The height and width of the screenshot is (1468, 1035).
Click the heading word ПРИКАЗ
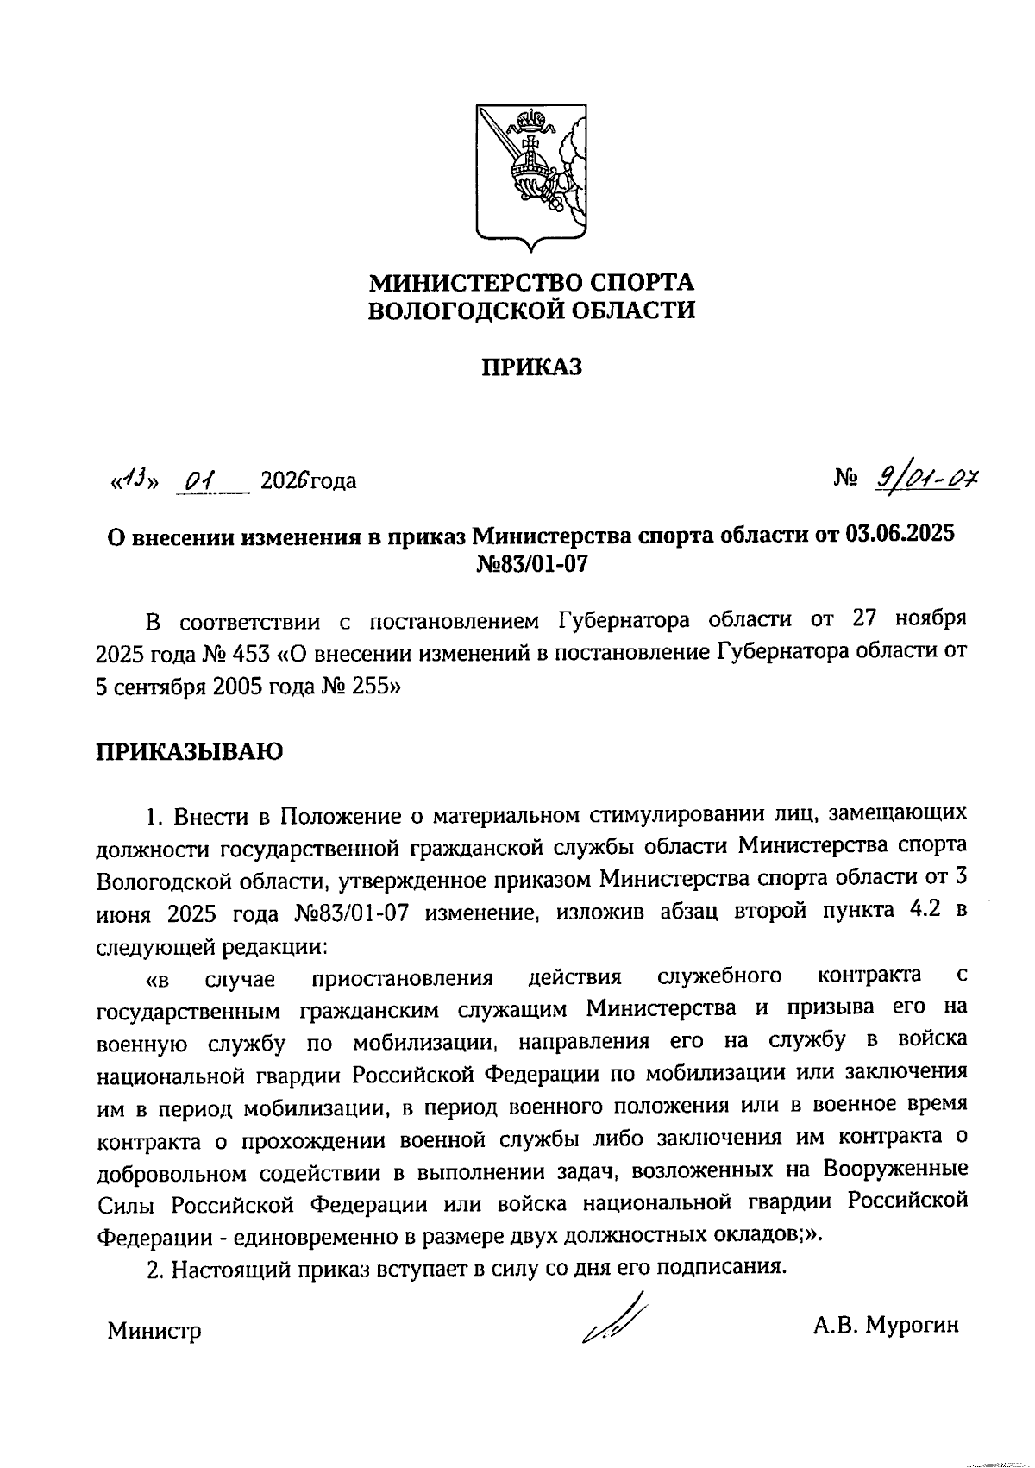tap(531, 367)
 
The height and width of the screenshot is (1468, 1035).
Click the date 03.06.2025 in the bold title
tap(900, 536)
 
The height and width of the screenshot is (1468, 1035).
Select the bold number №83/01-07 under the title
tap(531, 564)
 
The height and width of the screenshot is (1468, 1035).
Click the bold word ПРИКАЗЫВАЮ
tap(189, 751)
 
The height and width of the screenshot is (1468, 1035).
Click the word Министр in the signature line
tap(154, 1331)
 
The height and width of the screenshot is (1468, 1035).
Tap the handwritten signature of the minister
tap(614, 1320)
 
